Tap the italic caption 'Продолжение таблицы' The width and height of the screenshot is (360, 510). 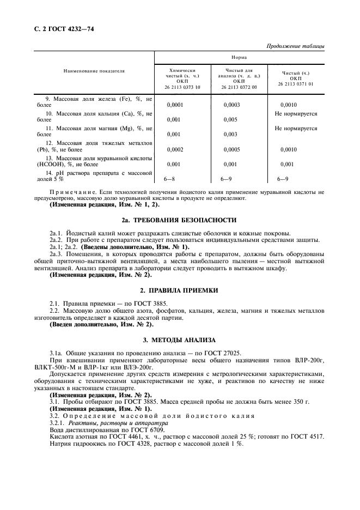tap(295, 46)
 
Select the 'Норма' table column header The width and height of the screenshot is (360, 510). tap(240, 56)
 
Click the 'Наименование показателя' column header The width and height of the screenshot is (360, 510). tap(94, 71)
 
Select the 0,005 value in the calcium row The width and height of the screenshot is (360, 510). tap(230, 119)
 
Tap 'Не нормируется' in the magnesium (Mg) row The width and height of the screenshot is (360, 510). tap(296, 129)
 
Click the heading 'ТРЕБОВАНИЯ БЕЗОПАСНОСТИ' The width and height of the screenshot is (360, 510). tap(185, 220)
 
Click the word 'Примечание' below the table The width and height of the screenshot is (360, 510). tap(77, 192)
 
